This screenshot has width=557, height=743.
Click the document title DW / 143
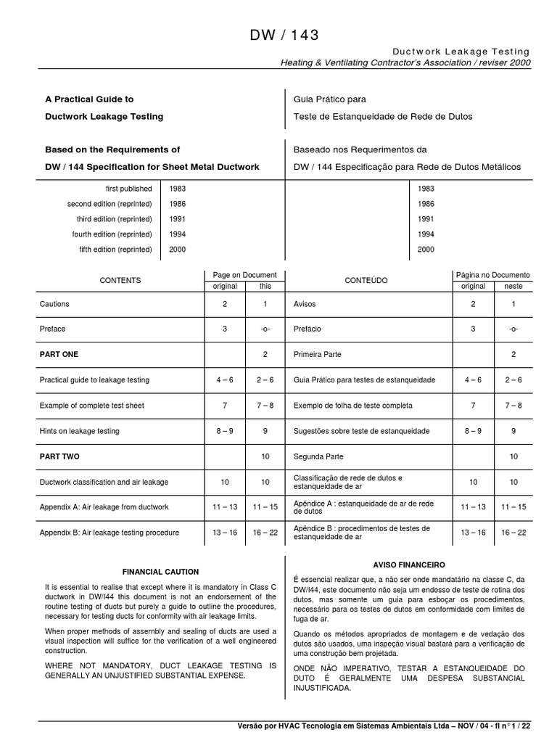[x=284, y=35]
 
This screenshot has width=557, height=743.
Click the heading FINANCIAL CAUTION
[x=161, y=572]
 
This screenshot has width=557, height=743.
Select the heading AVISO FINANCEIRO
[x=408, y=564]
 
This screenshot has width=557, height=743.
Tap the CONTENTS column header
[x=120, y=280]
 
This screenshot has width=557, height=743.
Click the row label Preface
[x=52, y=329]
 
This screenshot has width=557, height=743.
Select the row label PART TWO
[x=59, y=456]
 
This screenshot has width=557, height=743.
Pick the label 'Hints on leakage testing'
[x=79, y=431]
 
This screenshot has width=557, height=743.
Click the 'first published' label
[x=128, y=189]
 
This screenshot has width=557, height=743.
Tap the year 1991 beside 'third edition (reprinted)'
[x=178, y=219]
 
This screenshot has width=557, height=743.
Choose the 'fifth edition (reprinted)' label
[x=115, y=250]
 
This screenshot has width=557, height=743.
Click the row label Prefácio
[x=308, y=329]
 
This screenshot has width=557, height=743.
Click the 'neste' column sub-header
[x=513, y=286]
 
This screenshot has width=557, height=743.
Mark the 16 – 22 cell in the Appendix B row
[x=265, y=533]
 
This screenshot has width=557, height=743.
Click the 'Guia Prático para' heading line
[x=329, y=99]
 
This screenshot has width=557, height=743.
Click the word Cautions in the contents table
[x=54, y=304]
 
